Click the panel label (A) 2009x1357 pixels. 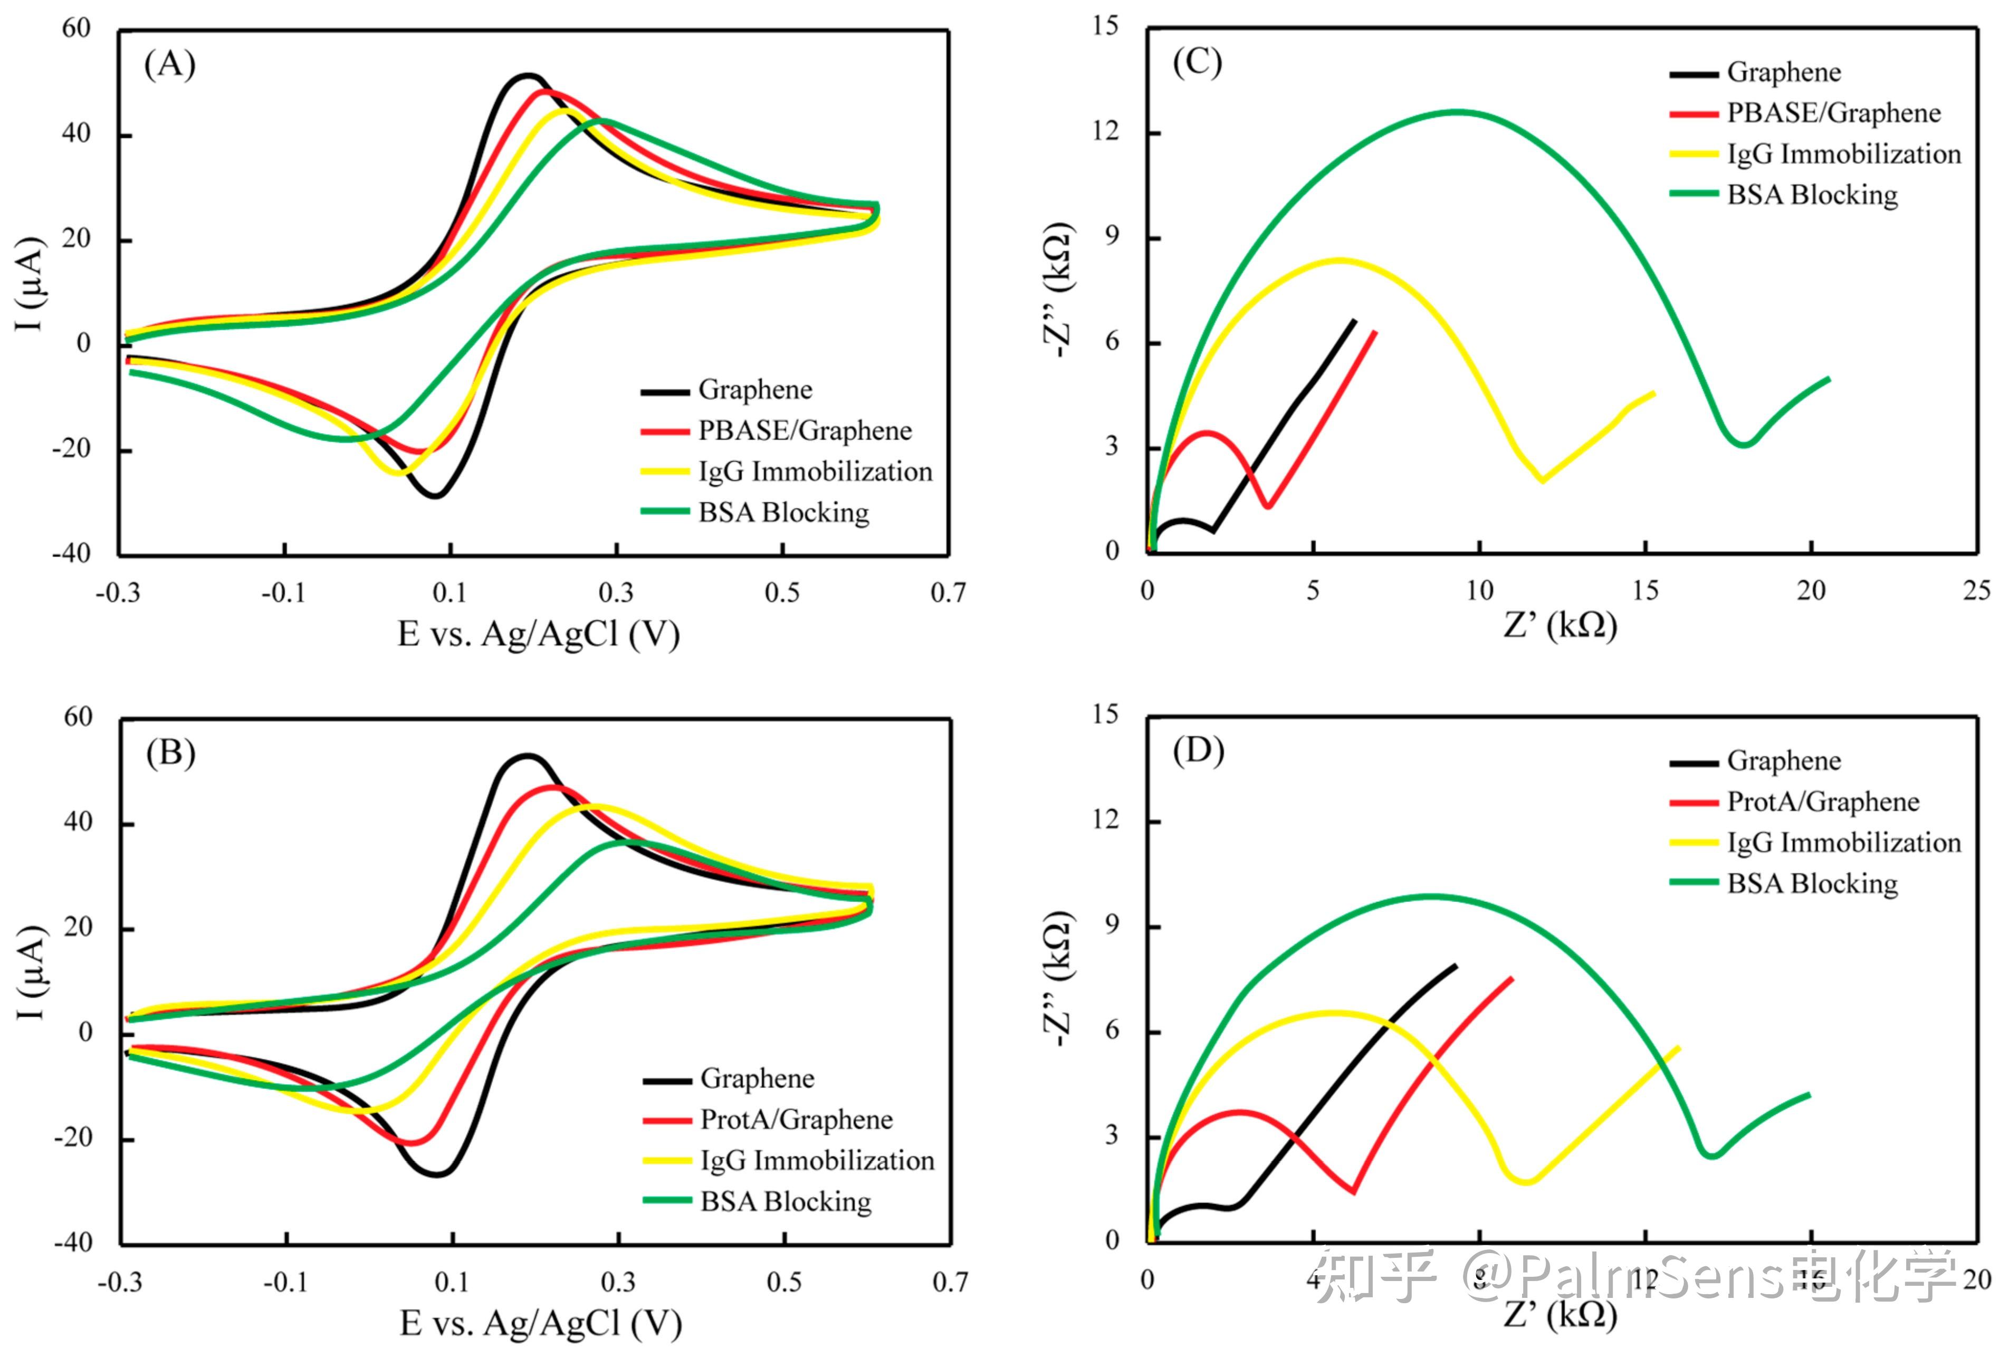point(169,65)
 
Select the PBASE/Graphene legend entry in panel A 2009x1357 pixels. point(804,431)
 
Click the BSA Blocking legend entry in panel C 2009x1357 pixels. point(1812,195)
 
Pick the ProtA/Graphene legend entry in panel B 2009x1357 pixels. point(795,1119)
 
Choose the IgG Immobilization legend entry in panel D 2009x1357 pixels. point(1843,842)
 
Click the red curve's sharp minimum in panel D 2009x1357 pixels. point(1353,1192)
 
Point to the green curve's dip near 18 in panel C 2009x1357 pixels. point(1745,444)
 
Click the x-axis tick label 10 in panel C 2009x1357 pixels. point(1479,591)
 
